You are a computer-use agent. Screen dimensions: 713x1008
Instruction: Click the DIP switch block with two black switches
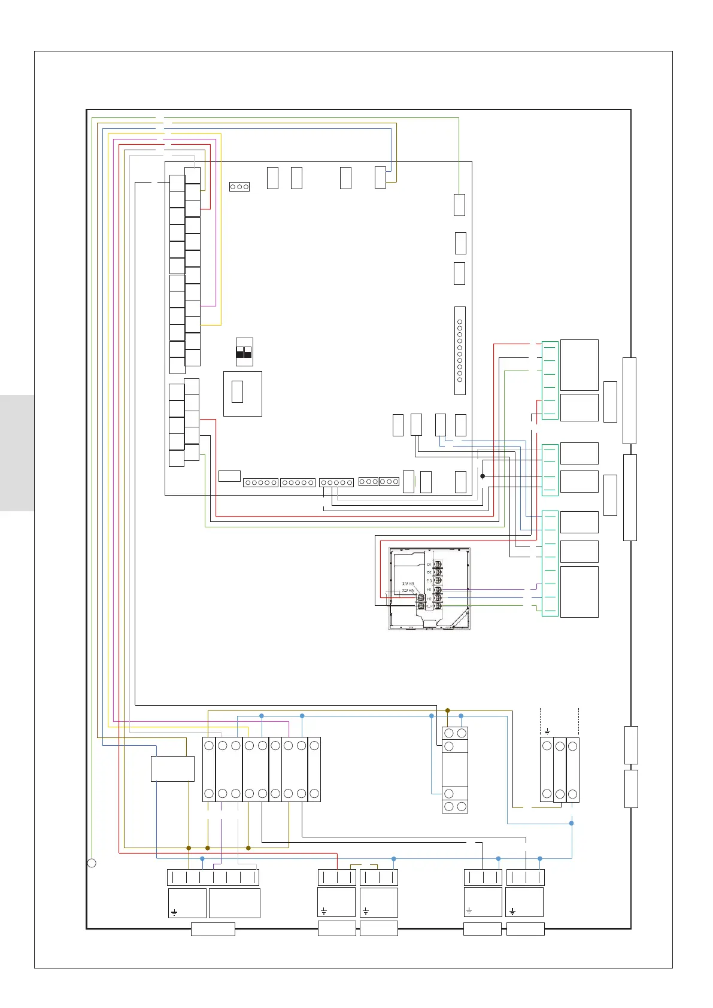(244, 353)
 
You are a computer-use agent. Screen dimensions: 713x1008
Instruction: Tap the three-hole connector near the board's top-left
(239, 187)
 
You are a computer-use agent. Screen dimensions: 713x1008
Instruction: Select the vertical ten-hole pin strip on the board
(460, 351)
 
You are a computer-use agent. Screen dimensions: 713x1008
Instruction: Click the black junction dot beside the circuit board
(482, 476)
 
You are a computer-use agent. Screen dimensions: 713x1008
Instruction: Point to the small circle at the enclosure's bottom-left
(92, 863)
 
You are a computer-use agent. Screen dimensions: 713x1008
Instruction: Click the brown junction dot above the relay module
(447, 711)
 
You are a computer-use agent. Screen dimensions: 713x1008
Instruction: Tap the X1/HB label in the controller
(408, 583)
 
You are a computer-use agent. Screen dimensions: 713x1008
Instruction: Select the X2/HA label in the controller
(408, 591)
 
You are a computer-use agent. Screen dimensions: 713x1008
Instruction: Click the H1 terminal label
(429, 590)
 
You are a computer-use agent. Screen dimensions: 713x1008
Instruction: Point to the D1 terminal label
(429, 564)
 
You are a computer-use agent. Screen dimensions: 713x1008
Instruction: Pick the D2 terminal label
(429, 573)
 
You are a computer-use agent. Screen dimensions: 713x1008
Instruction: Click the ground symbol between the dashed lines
(547, 731)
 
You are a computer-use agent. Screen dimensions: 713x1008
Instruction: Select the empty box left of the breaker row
(172, 769)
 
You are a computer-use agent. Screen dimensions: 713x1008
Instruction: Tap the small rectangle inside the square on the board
(237, 391)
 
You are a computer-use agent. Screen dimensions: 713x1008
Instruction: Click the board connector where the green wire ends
(460, 205)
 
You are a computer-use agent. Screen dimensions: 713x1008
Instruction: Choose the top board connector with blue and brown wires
(380, 177)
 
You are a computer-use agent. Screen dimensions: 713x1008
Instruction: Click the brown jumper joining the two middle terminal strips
(363, 865)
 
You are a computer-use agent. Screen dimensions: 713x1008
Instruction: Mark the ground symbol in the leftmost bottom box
(174, 913)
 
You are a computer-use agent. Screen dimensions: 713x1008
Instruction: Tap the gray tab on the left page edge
(17, 453)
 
